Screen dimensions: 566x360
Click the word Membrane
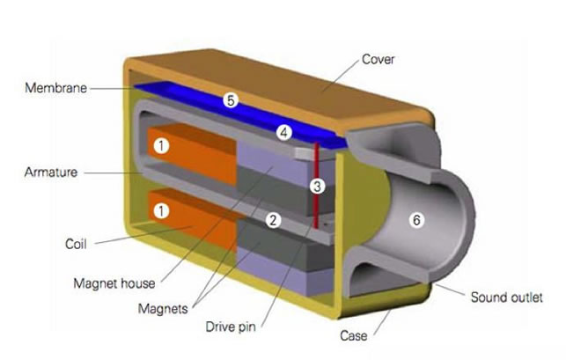pyautogui.click(x=56, y=88)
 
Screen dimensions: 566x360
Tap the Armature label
pyautogui.click(x=51, y=173)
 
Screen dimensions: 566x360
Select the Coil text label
pyautogui.click(x=76, y=244)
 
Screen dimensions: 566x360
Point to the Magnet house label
pyautogui.click(x=114, y=283)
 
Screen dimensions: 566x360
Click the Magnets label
pyautogui.click(x=163, y=309)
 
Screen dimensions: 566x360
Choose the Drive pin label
pyautogui.click(x=231, y=327)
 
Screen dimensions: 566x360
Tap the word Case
pyautogui.click(x=353, y=336)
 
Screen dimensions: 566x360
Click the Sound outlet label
pyautogui.click(x=506, y=298)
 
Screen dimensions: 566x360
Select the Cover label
pyautogui.click(x=378, y=59)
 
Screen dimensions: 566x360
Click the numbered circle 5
pyautogui.click(x=231, y=100)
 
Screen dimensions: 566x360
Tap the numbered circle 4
pyautogui.click(x=284, y=133)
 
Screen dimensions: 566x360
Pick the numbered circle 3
pyautogui.click(x=317, y=187)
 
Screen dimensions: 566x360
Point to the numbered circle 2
pyautogui.click(x=273, y=220)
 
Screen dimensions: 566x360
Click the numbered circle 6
pyautogui.click(x=416, y=220)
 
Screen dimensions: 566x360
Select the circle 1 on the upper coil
pyautogui.click(x=161, y=146)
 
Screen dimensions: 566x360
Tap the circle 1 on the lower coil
pyautogui.click(x=161, y=211)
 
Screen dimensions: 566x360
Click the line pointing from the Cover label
pyautogui.click(x=341, y=77)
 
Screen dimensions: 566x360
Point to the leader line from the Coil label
pyautogui.click(x=143, y=235)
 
